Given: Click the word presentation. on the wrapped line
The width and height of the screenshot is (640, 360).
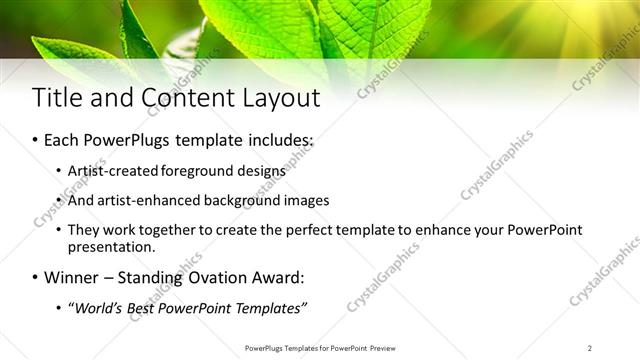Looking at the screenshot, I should click(111, 246).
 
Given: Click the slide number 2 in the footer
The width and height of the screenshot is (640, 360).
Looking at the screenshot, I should click(589, 348).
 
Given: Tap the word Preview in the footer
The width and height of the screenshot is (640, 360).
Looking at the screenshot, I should click(386, 348).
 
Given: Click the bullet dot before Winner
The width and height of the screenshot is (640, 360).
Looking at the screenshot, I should click(36, 277).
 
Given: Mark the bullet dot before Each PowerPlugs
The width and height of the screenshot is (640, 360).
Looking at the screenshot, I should click(36, 141).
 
